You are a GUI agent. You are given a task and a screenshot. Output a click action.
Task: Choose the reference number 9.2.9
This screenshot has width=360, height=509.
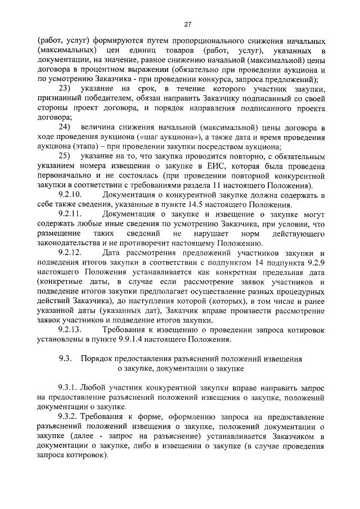(316, 266)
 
